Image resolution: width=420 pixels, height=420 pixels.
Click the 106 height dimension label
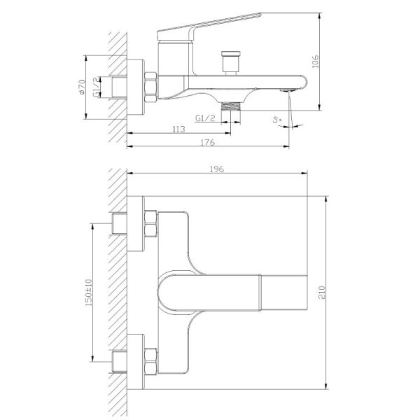coord(316,62)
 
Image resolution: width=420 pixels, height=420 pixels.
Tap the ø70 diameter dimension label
coord(81,87)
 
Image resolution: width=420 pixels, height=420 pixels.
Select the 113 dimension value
coord(179,129)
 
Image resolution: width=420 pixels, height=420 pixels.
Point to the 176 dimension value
coord(208,142)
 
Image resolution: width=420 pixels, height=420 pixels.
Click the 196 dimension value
coord(217,169)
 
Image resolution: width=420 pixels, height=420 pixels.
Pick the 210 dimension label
coord(322,293)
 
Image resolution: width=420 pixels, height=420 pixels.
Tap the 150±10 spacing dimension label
coord(88,293)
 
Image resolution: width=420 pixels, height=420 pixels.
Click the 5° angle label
coord(277,120)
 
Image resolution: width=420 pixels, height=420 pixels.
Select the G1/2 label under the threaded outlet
coord(205,118)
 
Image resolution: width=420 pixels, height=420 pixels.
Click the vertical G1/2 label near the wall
coord(96,87)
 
